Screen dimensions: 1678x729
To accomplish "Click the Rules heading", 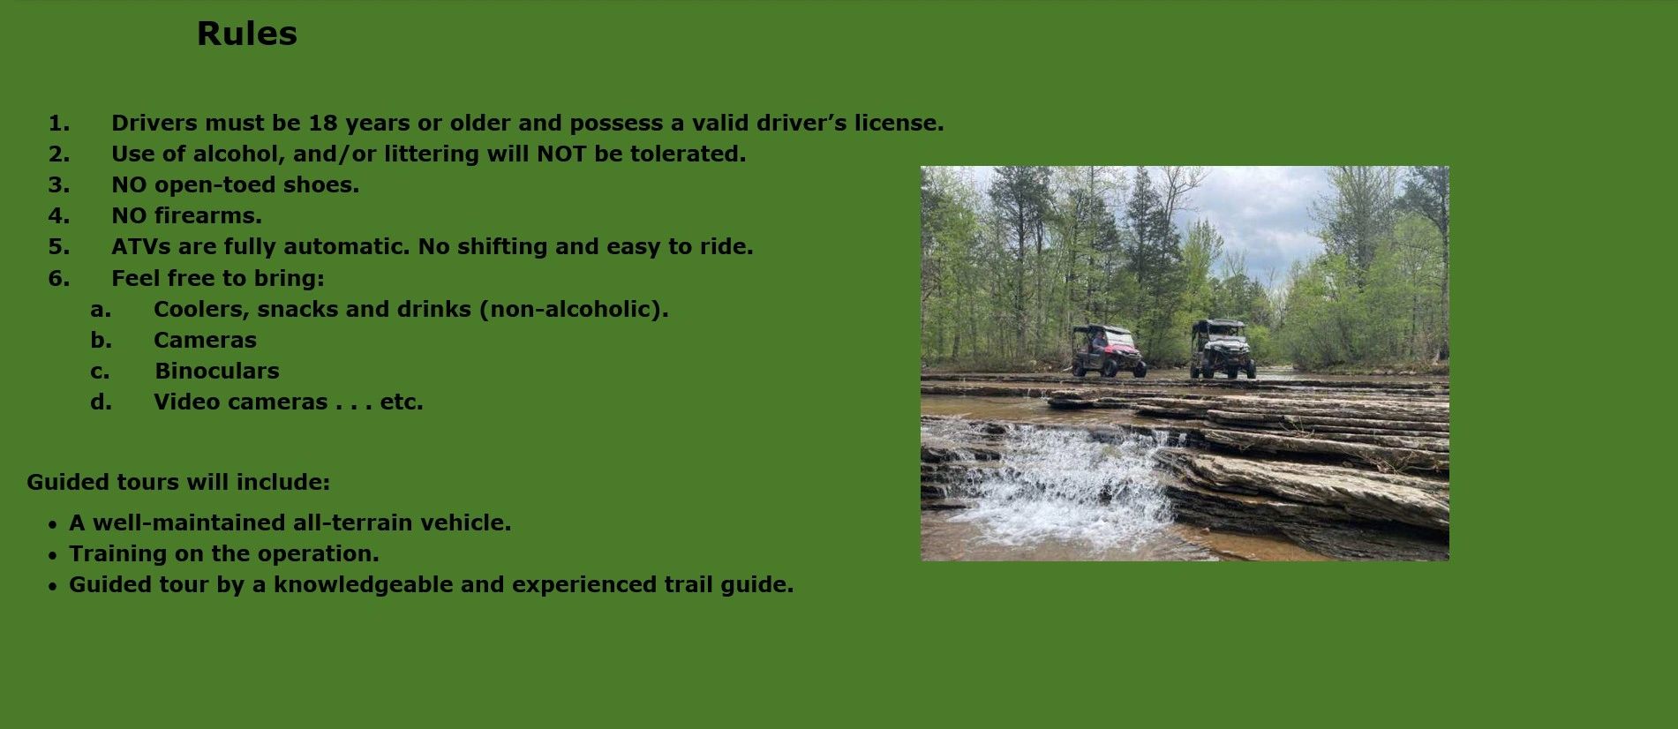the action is [247, 34].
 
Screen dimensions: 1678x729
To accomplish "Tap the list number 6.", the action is [58, 278].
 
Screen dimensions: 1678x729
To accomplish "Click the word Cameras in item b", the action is [205, 340].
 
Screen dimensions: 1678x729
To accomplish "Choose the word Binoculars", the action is [217, 371].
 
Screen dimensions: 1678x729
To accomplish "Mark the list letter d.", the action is [101, 402].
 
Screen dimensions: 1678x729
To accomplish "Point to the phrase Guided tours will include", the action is [178, 482].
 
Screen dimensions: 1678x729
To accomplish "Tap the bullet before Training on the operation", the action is [53, 555].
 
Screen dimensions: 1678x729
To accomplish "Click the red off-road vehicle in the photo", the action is [1109, 351].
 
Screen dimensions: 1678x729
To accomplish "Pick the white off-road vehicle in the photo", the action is [1223, 349].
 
